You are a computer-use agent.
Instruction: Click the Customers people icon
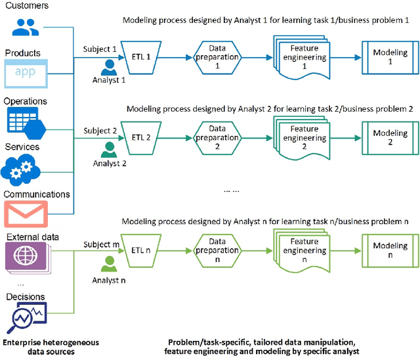(x=25, y=26)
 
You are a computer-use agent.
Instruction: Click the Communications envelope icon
(x=26, y=214)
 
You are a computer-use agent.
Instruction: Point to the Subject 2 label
(x=100, y=131)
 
